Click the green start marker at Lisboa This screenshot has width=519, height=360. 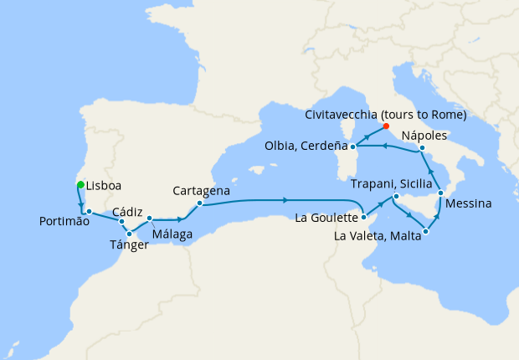(x=80, y=184)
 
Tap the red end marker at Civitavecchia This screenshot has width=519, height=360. (x=386, y=126)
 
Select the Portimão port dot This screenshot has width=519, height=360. (x=88, y=211)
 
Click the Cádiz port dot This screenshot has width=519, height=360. (x=122, y=222)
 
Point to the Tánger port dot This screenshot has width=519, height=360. (x=130, y=234)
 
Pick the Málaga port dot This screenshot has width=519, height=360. (x=150, y=219)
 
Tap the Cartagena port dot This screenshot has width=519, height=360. (x=199, y=203)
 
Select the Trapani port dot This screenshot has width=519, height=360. (x=396, y=197)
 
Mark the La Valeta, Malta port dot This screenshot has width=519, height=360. (x=427, y=231)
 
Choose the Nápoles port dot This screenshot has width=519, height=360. (x=422, y=148)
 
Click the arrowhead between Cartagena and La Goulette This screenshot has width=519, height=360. (x=285, y=200)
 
